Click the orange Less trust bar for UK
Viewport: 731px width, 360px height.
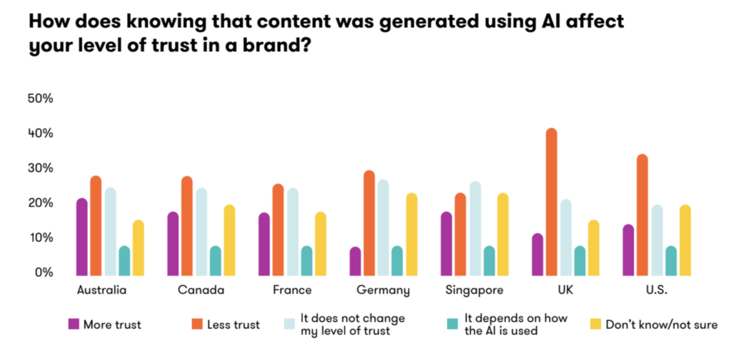click(x=552, y=203)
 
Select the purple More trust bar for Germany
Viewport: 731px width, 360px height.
click(x=356, y=261)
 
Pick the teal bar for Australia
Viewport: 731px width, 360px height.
click(x=124, y=261)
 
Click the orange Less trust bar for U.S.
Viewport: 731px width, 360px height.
click(x=642, y=215)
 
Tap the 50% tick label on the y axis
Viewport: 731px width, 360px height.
click(x=39, y=99)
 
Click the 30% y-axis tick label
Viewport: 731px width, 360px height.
click(x=39, y=168)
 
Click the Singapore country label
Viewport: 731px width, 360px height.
click(x=474, y=291)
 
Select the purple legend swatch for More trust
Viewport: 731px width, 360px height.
click(x=74, y=324)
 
